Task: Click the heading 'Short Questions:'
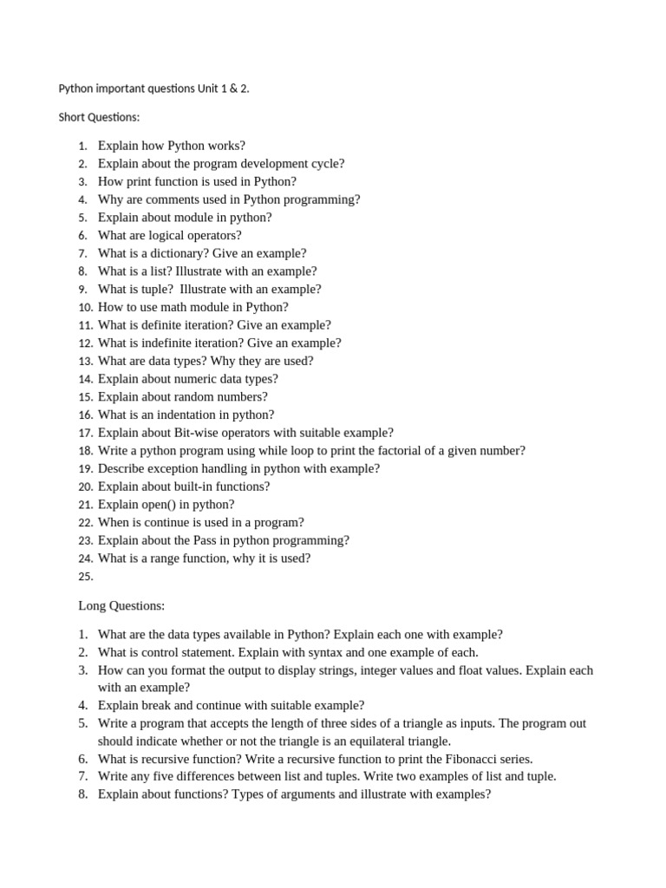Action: (98, 117)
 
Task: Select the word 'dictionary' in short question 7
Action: (180, 253)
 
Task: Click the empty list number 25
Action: (85, 577)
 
